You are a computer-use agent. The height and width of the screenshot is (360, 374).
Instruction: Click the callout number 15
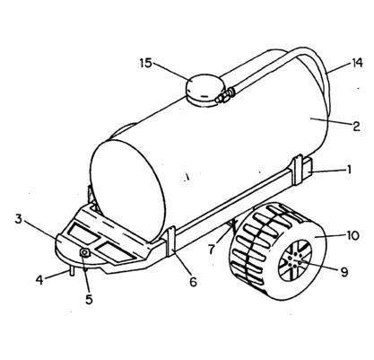coord(146,64)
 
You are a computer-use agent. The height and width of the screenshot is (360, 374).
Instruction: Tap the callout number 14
coord(356,63)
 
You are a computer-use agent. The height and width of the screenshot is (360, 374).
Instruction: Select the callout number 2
coord(356,127)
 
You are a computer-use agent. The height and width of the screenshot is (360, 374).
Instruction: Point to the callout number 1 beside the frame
coord(348,170)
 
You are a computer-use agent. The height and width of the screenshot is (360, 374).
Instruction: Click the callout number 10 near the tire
coord(352,235)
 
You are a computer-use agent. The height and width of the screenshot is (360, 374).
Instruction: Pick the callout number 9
coord(344,272)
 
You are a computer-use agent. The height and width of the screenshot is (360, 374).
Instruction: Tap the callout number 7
coord(212,250)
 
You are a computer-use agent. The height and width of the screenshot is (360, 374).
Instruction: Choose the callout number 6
coord(194,282)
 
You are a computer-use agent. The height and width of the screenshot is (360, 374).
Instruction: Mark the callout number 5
coord(89,299)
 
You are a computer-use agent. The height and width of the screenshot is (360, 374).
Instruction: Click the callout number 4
coord(39,280)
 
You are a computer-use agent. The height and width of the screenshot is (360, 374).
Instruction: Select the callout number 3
coord(19,219)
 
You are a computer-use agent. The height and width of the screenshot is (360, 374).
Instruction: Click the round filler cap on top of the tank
coord(204,90)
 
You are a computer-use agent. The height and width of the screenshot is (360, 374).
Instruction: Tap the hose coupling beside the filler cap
coord(226,95)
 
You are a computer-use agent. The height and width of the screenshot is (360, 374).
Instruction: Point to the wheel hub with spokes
coord(295,260)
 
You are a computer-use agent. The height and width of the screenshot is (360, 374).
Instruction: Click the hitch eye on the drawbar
coord(85,253)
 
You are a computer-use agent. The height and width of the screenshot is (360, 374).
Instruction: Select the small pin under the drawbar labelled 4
coord(72,271)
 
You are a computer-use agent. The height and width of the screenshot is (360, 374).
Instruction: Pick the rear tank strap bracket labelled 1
coord(301,170)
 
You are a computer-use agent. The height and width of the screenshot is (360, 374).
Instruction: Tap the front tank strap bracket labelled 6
coord(170,241)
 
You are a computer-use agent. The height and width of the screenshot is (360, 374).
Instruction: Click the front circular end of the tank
coord(128,191)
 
